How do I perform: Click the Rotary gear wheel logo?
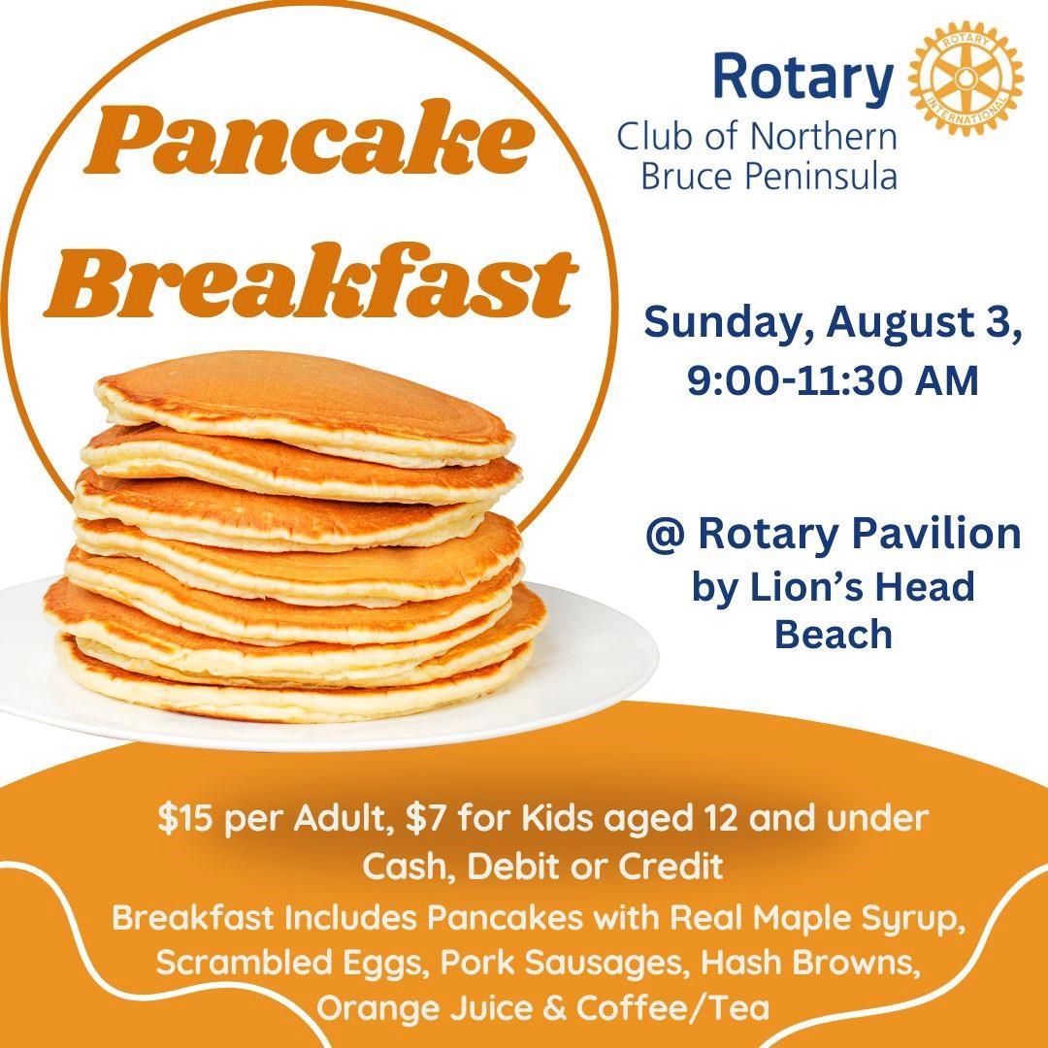click(x=966, y=78)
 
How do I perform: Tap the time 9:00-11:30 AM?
click(x=833, y=381)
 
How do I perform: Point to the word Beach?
click(x=834, y=634)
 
